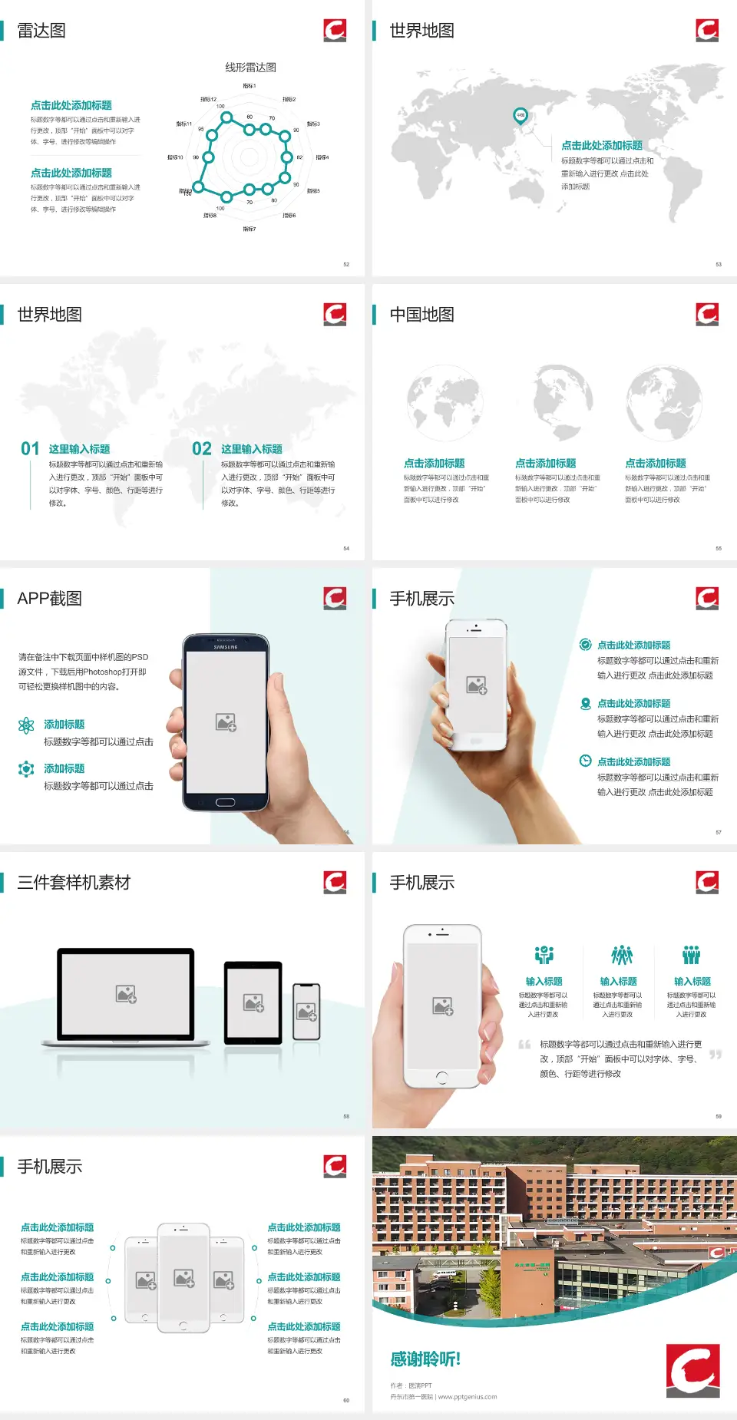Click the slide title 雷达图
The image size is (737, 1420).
click(41, 31)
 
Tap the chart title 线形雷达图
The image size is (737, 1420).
click(250, 68)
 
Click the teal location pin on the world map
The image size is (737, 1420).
click(520, 116)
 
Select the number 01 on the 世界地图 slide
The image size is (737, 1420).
click(30, 449)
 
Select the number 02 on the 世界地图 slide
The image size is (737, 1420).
click(202, 449)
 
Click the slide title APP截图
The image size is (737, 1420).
click(50, 599)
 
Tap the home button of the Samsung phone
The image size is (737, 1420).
click(225, 802)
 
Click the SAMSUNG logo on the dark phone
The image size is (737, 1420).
click(226, 647)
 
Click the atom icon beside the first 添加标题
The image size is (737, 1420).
click(26, 725)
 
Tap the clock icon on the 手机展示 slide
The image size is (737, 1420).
click(585, 761)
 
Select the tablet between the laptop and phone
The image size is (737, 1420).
click(253, 1002)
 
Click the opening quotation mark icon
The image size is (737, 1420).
click(524, 1044)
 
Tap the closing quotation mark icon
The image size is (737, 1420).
click(716, 1055)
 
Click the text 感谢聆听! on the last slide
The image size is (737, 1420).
click(425, 1359)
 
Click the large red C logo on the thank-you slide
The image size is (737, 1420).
click(692, 1370)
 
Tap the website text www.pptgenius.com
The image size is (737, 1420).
click(468, 1397)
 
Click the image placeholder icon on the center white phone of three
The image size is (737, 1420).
click(184, 1278)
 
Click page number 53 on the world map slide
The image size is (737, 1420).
click(719, 264)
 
